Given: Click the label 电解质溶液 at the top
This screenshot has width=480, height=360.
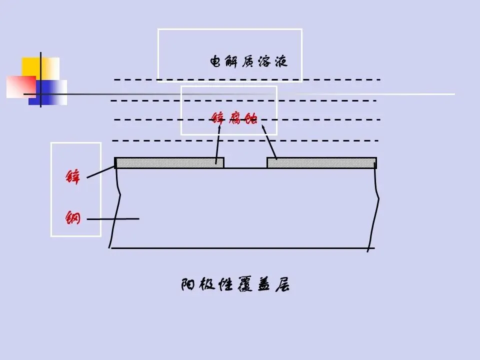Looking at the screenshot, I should pos(249,62).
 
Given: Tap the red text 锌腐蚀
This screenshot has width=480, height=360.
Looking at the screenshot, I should pos(234,119).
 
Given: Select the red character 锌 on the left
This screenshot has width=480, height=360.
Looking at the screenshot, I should pos(73,177).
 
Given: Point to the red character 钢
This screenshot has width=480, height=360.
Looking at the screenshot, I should pos(73,217).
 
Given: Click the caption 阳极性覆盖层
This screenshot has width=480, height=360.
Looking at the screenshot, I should pos(235,285).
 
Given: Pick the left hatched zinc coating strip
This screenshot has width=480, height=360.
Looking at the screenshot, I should pos(169,162).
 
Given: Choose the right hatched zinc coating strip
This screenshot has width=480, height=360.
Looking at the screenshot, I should pos(321,162).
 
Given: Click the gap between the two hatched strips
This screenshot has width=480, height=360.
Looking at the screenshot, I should pos(245,164).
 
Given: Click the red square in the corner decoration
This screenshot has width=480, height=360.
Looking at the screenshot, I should pos(19,86).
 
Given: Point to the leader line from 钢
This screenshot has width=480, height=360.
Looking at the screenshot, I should pos(112,218).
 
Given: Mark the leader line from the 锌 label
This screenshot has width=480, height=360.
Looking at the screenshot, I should pos(100,172).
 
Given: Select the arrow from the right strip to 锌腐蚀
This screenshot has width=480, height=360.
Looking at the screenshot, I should pos(269,142).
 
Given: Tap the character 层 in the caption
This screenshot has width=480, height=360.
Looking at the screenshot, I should pos(282,285).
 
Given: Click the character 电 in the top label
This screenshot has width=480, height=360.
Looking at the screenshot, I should pos(215,62).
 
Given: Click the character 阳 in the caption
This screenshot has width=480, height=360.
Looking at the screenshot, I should pos(188,285).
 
